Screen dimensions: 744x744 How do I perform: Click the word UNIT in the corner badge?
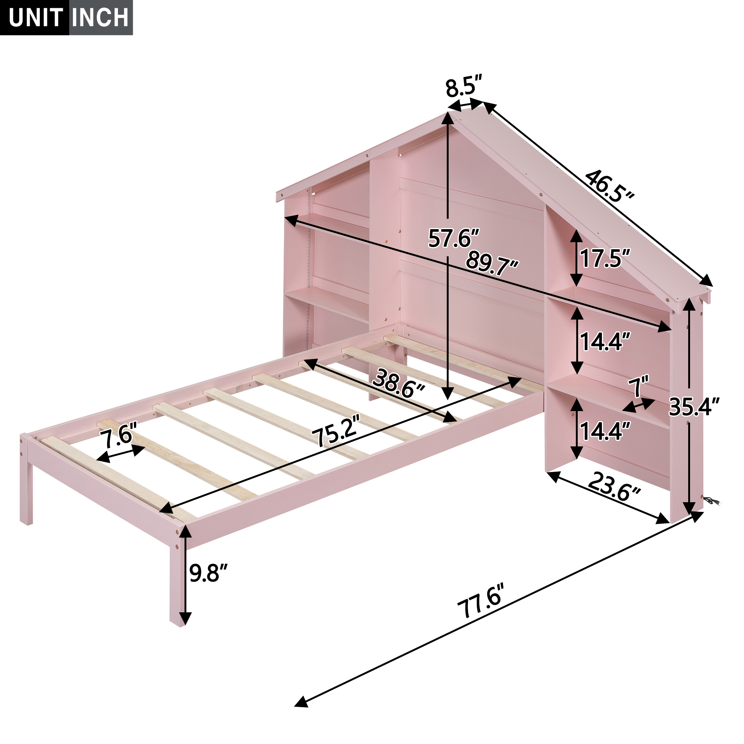pyautogui.click(x=35, y=18)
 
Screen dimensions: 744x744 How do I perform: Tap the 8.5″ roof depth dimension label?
pyautogui.click(x=464, y=89)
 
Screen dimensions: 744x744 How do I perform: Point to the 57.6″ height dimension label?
pyautogui.click(x=453, y=238)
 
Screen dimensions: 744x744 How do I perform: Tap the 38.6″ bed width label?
pyautogui.click(x=398, y=383)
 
